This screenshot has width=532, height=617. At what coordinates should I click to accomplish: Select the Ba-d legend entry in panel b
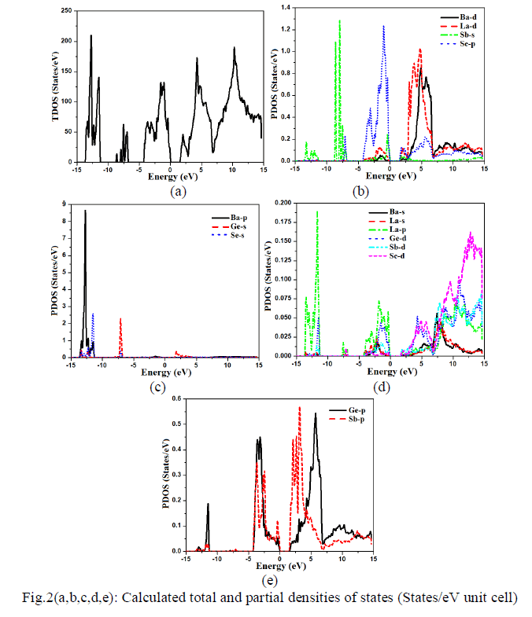click(x=467, y=15)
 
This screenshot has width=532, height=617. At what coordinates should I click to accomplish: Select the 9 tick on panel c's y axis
click(x=65, y=204)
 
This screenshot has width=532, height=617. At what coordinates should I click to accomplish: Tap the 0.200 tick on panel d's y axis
click(x=276, y=202)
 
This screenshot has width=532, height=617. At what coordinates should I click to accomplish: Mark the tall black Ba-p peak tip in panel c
click(x=85, y=211)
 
